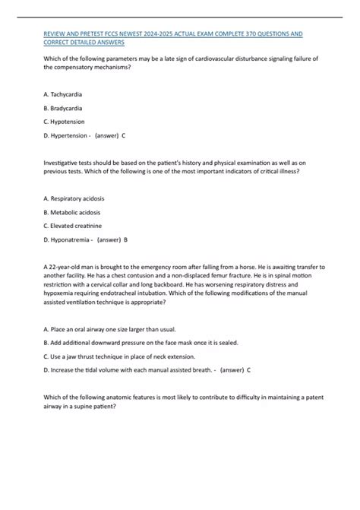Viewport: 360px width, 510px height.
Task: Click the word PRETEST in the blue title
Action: (x=93, y=34)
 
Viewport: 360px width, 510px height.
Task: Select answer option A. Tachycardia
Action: (x=64, y=94)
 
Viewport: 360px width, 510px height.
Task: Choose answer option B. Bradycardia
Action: (x=64, y=108)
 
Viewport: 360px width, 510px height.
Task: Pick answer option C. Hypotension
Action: (x=64, y=122)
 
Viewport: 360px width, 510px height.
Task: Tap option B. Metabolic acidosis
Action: (x=72, y=212)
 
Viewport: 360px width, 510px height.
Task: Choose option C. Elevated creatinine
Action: (x=72, y=226)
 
